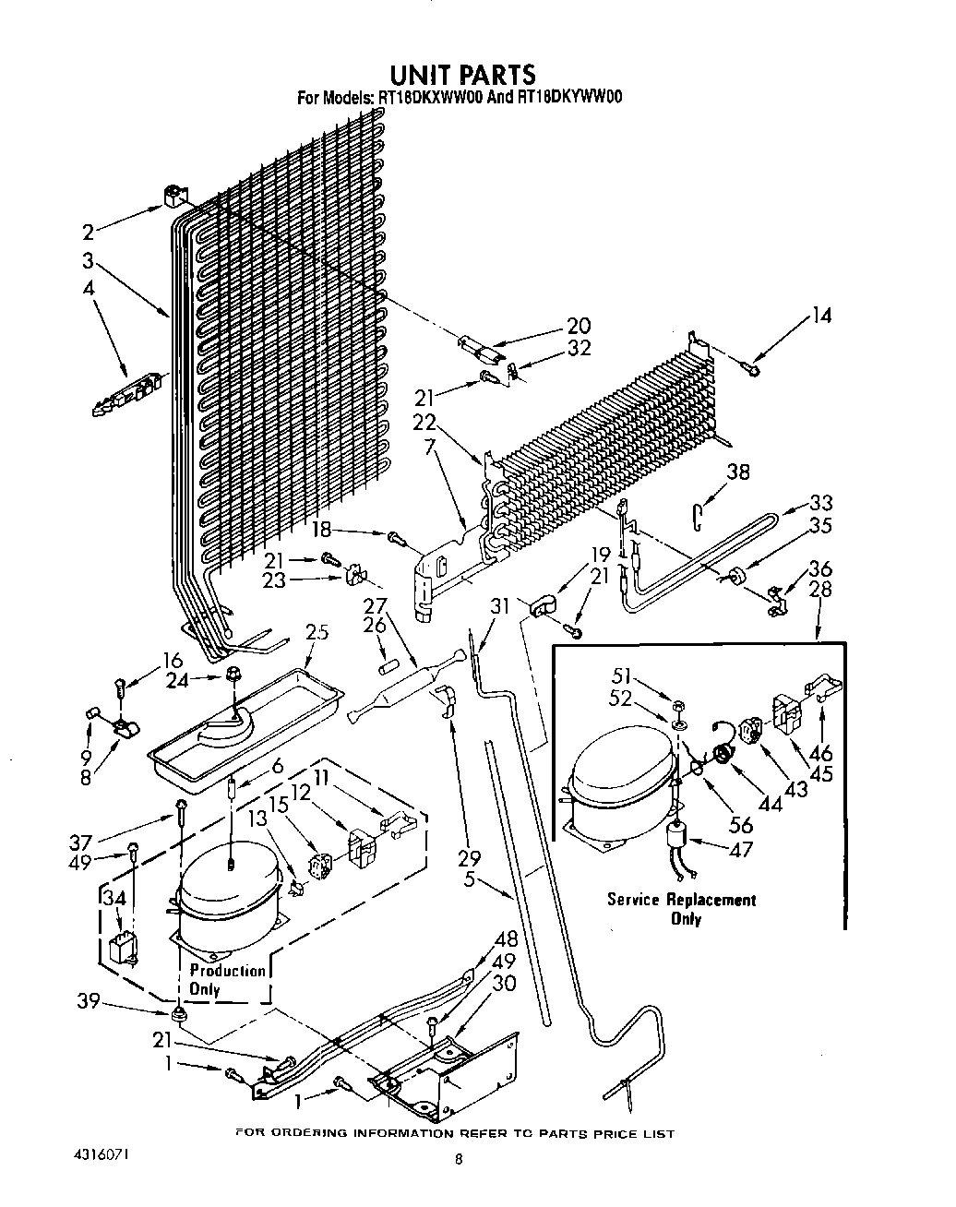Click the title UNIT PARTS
click(x=461, y=74)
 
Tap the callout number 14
click(x=820, y=316)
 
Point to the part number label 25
click(x=317, y=632)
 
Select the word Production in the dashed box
click(x=227, y=971)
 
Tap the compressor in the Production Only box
click(x=226, y=900)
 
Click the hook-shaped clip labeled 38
click(x=699, y=510)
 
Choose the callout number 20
click(x=579, y=326)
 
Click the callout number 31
click(x=499, y=606)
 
